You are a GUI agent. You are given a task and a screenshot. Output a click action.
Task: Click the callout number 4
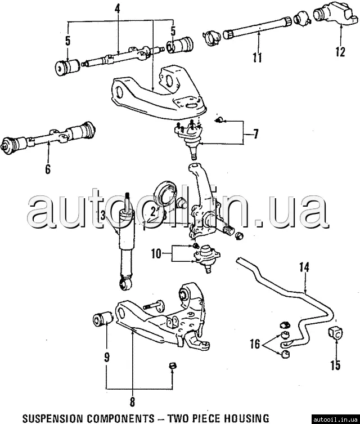pos(117,8)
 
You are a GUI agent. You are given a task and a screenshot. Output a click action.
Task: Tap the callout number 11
pos(258,57)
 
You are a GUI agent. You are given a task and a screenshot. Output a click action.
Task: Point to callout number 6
pos(48,168)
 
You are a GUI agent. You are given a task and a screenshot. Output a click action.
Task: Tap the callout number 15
pos(335,365)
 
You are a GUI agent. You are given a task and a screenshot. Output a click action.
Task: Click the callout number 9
pos(106,356)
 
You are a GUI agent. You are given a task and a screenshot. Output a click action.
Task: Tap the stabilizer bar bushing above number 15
pos(335,333)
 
